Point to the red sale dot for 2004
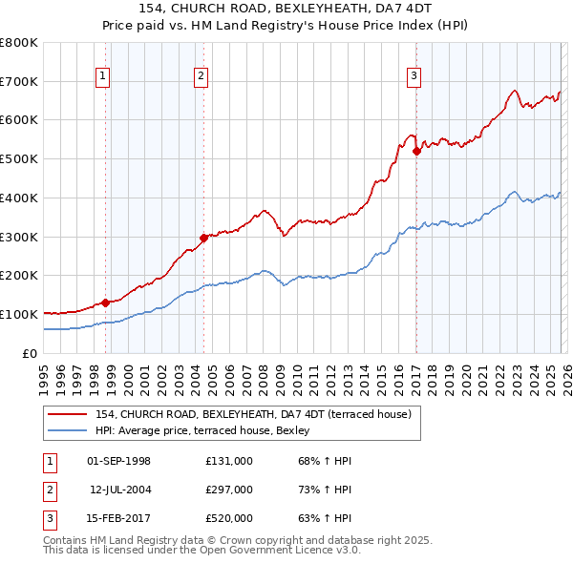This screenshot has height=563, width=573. (203, 238)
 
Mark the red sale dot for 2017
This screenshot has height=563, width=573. (416, 151)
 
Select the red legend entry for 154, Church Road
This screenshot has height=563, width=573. (253, 414)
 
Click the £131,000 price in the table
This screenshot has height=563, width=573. (228, 461)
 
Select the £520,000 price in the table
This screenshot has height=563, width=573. (228, 518)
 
